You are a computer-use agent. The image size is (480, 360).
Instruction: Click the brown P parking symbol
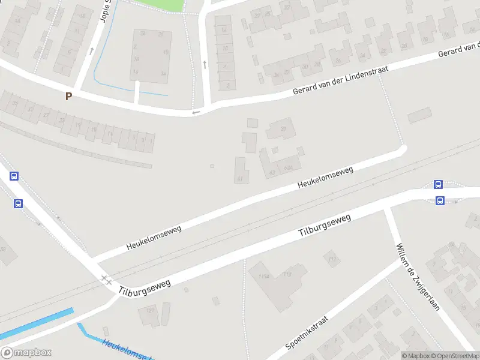[x=68, y=95]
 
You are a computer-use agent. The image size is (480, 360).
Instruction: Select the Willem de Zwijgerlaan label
[x=418, y=277]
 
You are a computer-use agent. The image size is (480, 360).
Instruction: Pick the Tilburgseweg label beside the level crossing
[x=145, y=286]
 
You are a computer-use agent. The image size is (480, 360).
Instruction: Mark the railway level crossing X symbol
[x=107, y=279]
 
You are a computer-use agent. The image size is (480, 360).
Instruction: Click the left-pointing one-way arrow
[x=195, y=112]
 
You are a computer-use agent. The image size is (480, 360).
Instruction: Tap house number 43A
[x=288, y=168]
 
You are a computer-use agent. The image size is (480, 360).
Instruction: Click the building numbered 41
[x=241, y=178]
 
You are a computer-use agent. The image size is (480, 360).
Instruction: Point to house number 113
[x=287, y=275]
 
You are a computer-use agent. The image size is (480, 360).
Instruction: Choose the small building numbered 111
[x=331, y=259]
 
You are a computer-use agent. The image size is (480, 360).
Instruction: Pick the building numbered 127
[x=149, y=310]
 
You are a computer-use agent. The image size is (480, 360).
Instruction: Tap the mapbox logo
[x=26, y=353]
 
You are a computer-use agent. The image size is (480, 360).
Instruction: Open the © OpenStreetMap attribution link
[x=454, y=356]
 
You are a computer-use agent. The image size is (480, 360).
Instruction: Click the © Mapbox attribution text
[x=416, y=356]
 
